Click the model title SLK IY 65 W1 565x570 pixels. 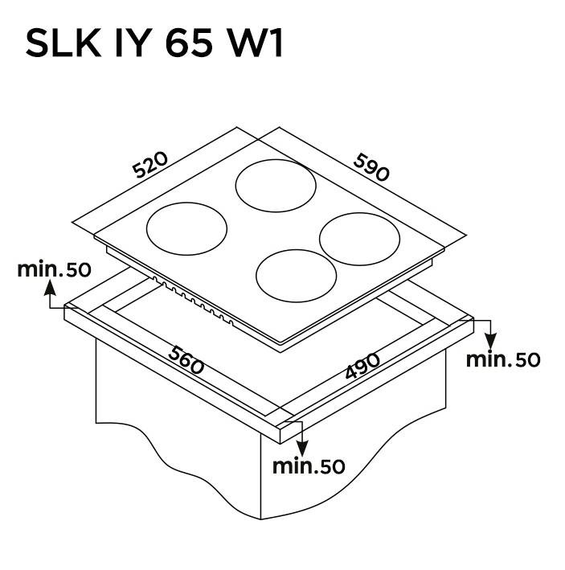tap(154, 43)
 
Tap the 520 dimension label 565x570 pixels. tap(150, 165)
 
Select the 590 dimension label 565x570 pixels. tap(371, 167)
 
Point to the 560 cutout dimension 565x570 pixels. tap(186, 360)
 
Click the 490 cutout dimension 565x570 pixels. tap(362, 365)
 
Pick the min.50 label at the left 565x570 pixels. tap(54, 270)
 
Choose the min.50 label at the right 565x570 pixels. tap(503, 360)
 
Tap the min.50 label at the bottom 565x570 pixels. tap(309, 466)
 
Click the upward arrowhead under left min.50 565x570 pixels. tap(50, 289)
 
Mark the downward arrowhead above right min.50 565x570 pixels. tap(490, 342)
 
